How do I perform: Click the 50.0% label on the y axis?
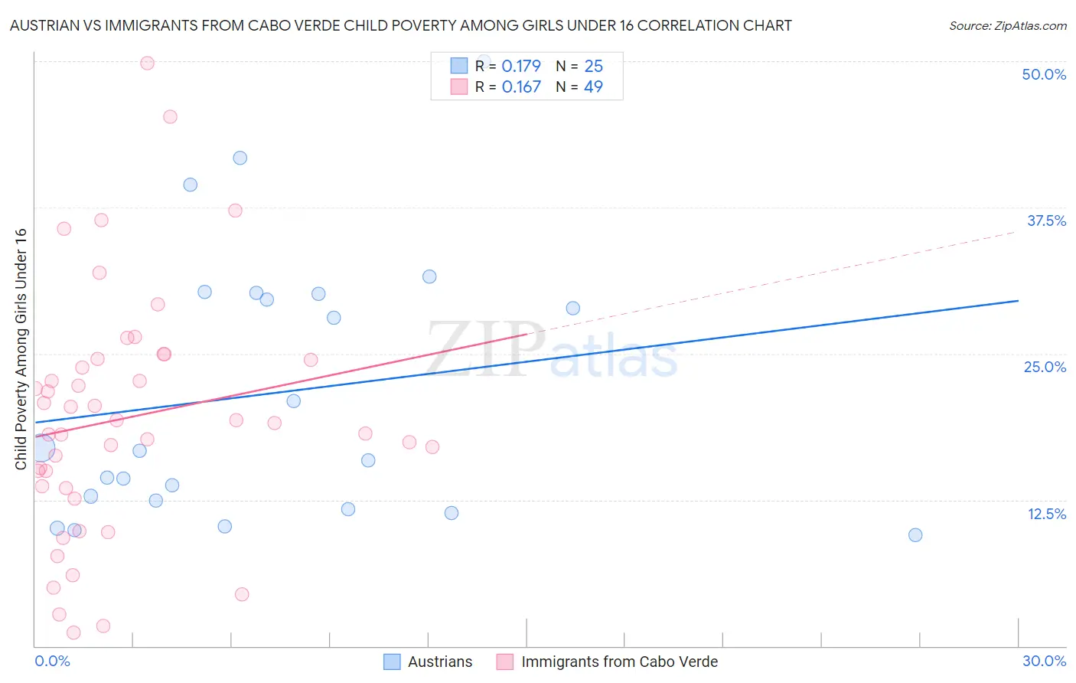click(1044, 74)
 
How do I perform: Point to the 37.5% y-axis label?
click(1046, 221)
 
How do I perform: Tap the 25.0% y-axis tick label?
click(1045, 367)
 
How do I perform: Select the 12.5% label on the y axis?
click(1046, 514)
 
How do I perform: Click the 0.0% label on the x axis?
click(52, 661)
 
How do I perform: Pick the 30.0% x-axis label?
click(1044, 661)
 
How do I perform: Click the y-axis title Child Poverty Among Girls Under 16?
click(21, 349)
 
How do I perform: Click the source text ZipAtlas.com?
click(1007, 26)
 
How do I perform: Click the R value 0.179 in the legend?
click(521, 66)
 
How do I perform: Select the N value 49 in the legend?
click(593, 87)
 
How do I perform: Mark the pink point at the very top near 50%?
click(147, 63)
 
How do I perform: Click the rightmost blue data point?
click(915, 534)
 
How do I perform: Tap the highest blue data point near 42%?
click(240, 158)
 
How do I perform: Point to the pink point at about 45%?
click(170, 116)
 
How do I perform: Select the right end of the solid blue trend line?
click(1018, 301)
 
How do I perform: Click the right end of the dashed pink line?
click(1016, 230)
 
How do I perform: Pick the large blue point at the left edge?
click(41, 447)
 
